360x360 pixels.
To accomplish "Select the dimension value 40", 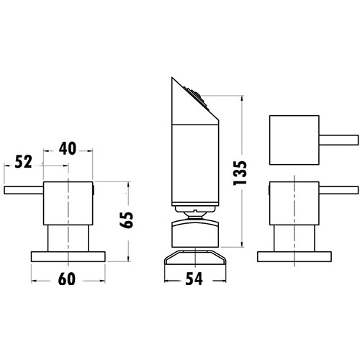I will click(x=67, y=148).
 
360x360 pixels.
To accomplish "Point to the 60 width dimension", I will click(x=67, y=278).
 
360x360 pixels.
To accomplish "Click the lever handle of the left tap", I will click(x=24, y=189).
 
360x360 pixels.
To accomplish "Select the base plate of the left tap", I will click(x=68, y=255).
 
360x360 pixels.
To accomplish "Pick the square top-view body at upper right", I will click(x=291, y=138).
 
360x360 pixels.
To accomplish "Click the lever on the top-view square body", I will click(x=336, y=138).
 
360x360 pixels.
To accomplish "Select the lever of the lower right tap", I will click(x=336, y=189).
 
